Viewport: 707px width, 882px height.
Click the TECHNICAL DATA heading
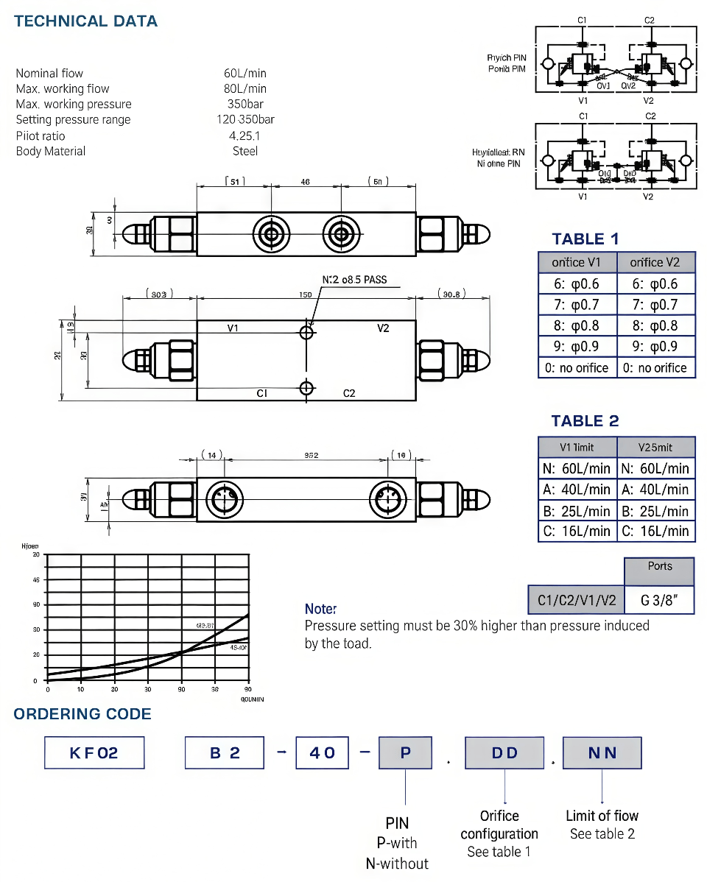click(x=85, y=21)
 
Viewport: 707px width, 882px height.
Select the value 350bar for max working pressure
click(x=245, y=104)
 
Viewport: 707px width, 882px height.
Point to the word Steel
click(x=245, y=151)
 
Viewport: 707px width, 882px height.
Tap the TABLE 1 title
click(x=585, y=239)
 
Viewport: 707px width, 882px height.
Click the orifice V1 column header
click(x=577, y=262)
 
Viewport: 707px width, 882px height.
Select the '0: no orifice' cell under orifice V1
click(x=577, y=367)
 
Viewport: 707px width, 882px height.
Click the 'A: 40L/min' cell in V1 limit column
click(x=577, y=489)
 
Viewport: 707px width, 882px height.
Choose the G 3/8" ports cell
click(x=659, y=600)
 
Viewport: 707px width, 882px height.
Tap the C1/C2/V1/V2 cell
click(x=576, y=600)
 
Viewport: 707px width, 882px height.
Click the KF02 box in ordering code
click(x=94, y=752)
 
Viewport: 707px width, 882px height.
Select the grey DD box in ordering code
click(x=504, y=752)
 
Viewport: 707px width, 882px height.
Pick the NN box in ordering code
click(x=602, y=752)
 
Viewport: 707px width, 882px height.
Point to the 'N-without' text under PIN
click(x=397, y=863)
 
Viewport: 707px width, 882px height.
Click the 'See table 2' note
click(x=602, y=833)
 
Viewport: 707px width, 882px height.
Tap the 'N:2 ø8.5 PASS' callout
click(x=354, y=280)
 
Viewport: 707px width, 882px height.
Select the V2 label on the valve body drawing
click(x=383, y=328)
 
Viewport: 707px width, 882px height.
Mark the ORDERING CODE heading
click(x=82, y=713)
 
